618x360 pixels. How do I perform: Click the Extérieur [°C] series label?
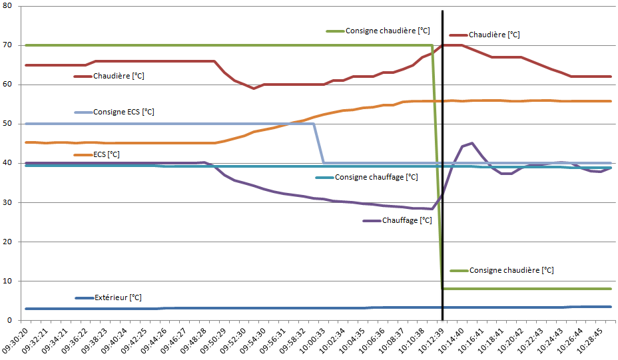(x=118, y=297)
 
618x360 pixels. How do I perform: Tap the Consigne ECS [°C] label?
(x=124, y=112)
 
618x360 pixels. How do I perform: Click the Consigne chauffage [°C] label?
(x=376, y=177)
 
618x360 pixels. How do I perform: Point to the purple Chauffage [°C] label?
(x=407, y=220)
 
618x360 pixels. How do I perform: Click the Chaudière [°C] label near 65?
(x=119, y=76)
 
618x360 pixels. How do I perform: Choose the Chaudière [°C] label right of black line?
(x=494, y=35)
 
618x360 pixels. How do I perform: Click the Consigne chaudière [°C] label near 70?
(x=388, y=31)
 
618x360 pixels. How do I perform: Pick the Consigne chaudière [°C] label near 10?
(x=511, y=270)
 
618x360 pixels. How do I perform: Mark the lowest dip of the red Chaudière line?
(x=254, y=88)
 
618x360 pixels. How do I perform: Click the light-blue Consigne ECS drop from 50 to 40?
(x=318, y=143)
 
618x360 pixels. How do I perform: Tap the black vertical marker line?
(x=443, y=200)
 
